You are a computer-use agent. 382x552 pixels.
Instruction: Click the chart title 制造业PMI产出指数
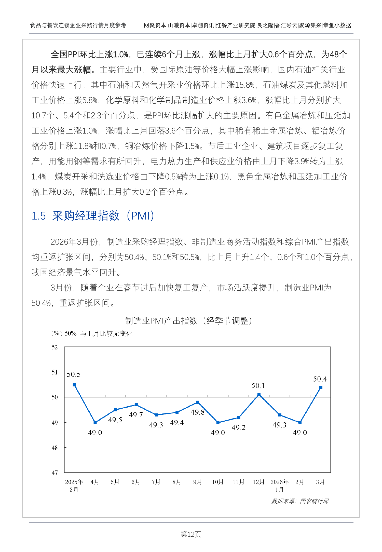(x=188, y=321)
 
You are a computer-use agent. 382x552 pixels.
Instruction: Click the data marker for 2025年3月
(x=74, y=385)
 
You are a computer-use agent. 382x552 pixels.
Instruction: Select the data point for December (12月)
(x=259, y=395)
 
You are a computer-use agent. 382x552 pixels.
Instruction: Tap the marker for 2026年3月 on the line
(x=321, y=387)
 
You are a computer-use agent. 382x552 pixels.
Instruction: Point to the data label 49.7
(x=136, y=415)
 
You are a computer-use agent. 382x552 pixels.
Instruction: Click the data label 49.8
(x=198, y=412)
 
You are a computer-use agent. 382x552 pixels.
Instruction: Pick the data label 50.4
(x=320, y=379)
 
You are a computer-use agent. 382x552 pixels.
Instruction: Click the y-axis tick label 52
(x=55, y=347)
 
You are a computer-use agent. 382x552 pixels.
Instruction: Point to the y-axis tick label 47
(x=55, y=473)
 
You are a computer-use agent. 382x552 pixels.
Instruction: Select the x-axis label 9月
(x=197, y=482)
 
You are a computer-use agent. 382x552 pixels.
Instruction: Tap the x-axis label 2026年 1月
(x=279, y=486)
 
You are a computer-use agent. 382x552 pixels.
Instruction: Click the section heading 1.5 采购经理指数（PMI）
(x=93, y=216)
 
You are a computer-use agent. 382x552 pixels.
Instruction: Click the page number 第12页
(x=191, y=534)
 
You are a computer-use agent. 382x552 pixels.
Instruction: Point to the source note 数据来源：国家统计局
(x=300, y=501)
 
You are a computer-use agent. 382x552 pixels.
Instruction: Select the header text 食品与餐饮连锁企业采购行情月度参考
(x=78, y=25)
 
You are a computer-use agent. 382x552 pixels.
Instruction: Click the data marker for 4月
(x=95, y=423)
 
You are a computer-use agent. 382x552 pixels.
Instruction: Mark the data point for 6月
(x=136, y=405)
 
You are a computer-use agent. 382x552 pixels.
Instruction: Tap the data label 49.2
(x=239, y=427)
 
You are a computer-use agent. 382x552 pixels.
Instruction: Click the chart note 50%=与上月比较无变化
(x=98, y=333)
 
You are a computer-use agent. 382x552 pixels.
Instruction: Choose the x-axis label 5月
(x=115, y=482)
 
